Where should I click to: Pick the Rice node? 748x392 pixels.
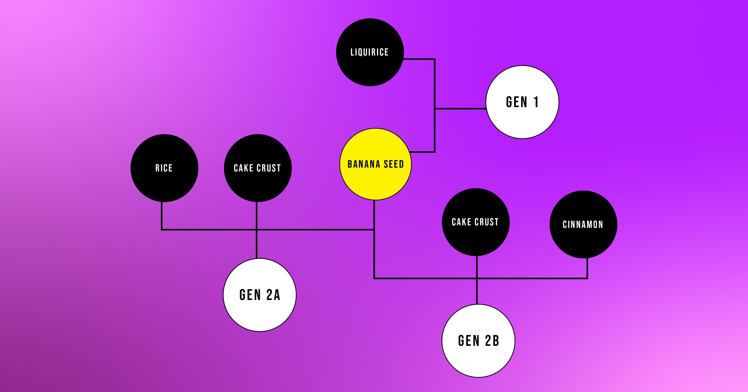(x=164, y=183)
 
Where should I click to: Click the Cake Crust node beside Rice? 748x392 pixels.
(x=257, y=183)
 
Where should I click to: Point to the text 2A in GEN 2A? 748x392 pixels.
(x=273, y=295)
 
